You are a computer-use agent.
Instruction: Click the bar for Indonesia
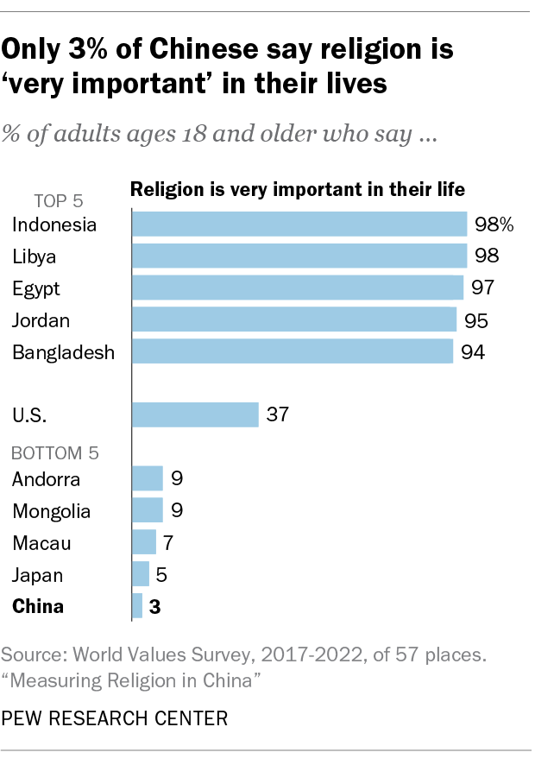click(x=299, y=224)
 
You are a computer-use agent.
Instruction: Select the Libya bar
click(x=299, y=256)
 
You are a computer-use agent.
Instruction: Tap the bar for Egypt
click(x=297, y=288)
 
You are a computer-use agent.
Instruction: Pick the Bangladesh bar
click(x=293, y=351)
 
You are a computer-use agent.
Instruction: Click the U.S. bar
click(x=195, y=414)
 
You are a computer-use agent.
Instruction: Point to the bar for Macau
click(x=144, y=542)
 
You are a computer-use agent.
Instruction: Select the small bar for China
click(x=137, y=606)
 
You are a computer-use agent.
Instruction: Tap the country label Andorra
click(x=46, y=479)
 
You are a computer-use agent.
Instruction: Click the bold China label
click(x=38, y=606)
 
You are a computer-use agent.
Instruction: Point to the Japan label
click(x=38, y=574)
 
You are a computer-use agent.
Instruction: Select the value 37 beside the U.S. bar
click(x=278, y=414)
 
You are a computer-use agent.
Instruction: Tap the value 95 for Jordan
click(x=476, y=320)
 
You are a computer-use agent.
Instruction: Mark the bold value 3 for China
click(x=155, y=607)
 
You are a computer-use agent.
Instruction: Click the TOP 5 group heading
click(x=59, y=201)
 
